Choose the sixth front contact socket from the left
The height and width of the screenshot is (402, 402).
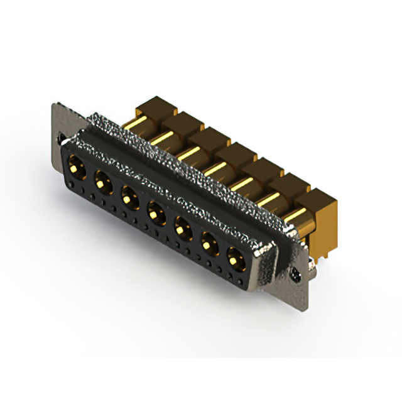209,242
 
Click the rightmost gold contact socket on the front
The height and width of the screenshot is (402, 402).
235,257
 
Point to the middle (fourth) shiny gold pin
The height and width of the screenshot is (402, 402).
217,168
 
